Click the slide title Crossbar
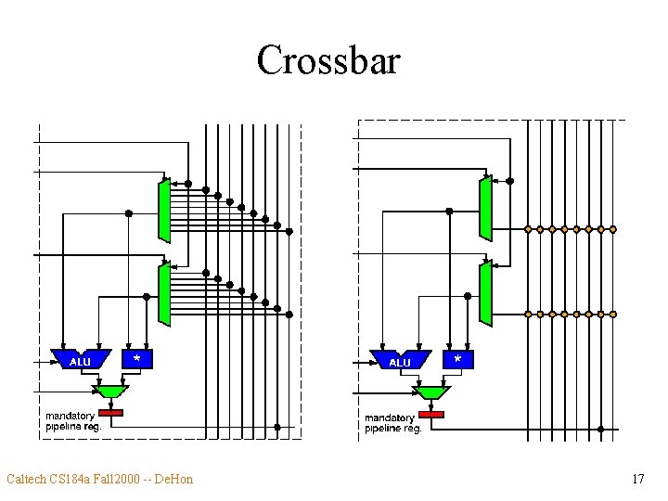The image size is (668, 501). click(328, 61)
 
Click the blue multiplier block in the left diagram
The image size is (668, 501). click(137, 358)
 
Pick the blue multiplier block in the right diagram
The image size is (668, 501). click(457, 358)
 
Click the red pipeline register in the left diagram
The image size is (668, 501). click(110, 411)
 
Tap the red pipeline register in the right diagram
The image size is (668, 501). click(431, 414)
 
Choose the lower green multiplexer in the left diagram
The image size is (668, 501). click(164, 294)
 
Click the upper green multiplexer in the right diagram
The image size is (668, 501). click(484, 208)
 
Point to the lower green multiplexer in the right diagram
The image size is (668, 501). click(484, 293)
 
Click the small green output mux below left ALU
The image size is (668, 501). click(110, 391)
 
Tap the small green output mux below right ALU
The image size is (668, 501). click(430, 392)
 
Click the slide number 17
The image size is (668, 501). click(636, 479)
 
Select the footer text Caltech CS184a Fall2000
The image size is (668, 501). click(73, 479)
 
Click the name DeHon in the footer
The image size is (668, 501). click(173, 479)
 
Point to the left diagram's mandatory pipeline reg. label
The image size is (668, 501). click(74, 421)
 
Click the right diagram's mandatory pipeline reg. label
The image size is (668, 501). click(393, 424)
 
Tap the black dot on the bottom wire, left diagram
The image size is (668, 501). click(276, 428)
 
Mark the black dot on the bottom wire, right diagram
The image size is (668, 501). click(600, 430)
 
